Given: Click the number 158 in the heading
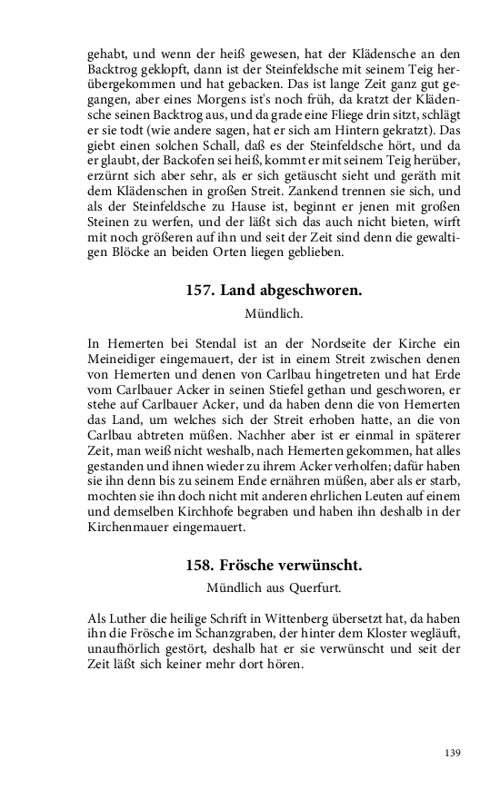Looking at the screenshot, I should click(201, 564).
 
